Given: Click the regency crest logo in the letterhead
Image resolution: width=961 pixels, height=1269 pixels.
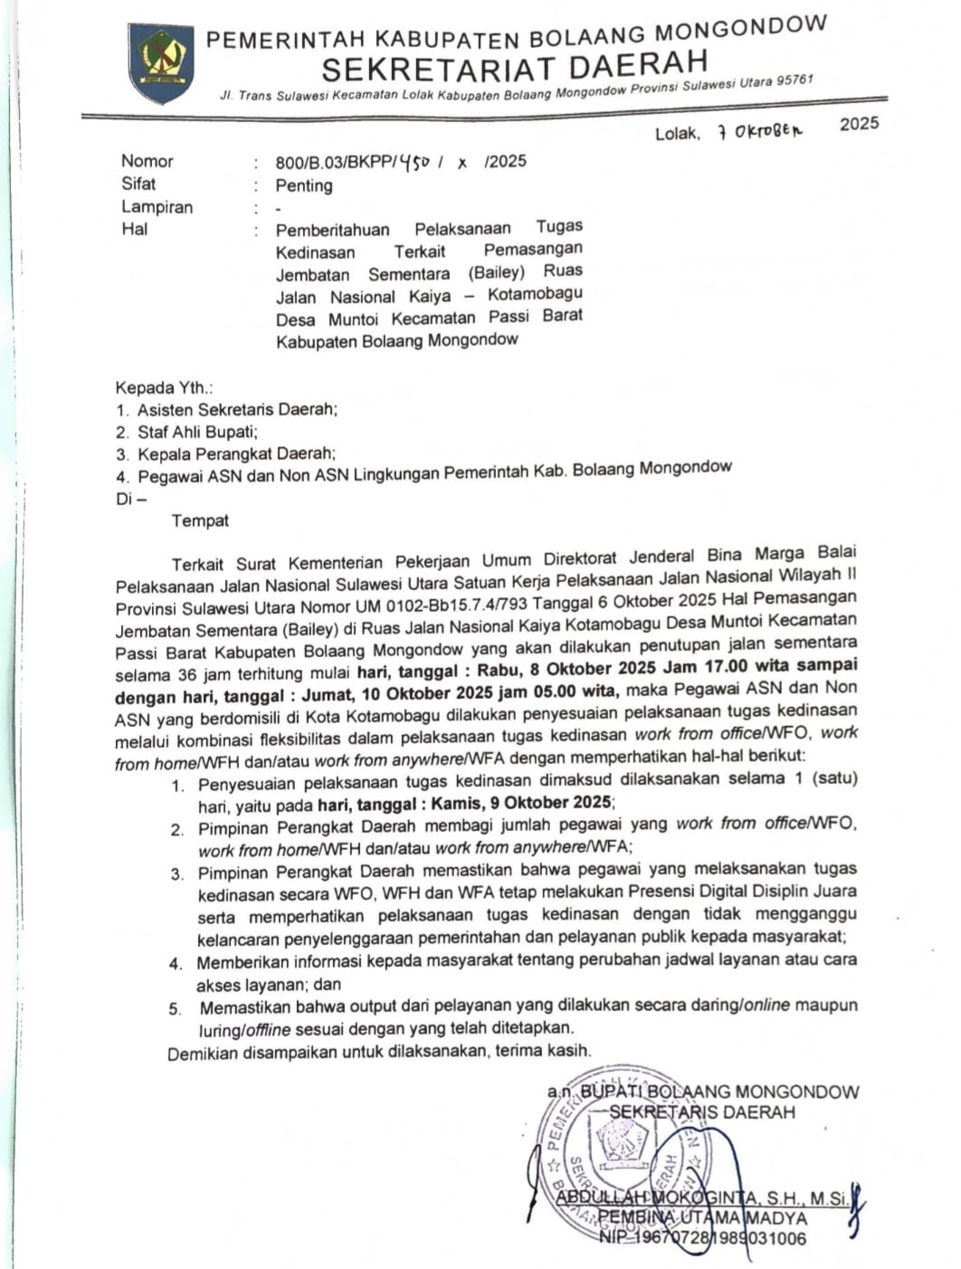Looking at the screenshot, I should [x=161, y=64].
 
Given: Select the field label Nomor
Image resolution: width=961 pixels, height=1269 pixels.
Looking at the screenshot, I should [x=147, y=161].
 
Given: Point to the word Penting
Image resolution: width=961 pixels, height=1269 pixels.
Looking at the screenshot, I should [x=304, y=186].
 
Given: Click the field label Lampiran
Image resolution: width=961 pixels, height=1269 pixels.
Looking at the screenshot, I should [x=157, y=206].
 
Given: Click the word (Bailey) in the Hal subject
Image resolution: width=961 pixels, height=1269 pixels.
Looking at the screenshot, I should [x=496, y=272].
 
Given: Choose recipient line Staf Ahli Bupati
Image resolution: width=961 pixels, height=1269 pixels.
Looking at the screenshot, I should [x=197, y=432].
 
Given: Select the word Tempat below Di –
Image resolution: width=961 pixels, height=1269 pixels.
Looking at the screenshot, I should [x=200, y=520].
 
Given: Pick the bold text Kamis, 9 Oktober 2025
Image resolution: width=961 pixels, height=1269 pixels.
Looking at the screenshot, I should [x=522, y=803].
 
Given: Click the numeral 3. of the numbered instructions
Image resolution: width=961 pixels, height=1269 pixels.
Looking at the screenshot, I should [x=177, y=873].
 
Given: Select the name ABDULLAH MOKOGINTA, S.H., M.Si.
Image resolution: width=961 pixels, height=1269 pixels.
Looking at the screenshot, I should [x=702, y=1198].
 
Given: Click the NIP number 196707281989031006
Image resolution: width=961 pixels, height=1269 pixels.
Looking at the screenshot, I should [x=702, y=1239].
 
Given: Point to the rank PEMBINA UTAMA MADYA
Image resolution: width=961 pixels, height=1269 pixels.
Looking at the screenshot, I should [x=702, y=1218].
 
